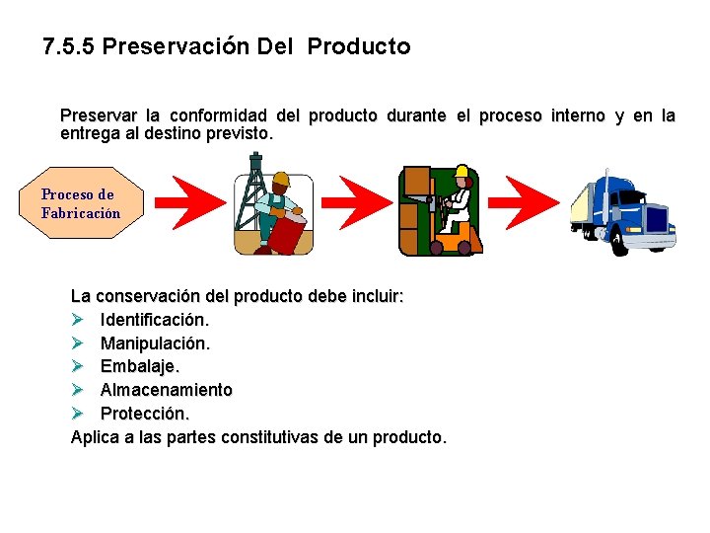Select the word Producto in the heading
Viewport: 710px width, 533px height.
tap(359, 46)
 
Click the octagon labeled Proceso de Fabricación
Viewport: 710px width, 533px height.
tap(80, 204)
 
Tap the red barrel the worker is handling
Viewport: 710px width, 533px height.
tap(286, 235)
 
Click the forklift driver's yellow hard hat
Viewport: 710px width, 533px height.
tap(461, 172)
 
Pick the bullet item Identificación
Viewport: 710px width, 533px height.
tap(154, 320)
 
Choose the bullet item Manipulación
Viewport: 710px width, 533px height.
tap(155, 343)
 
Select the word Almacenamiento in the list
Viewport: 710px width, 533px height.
tap(166, 390)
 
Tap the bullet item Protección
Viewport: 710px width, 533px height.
tap(144, 413)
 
